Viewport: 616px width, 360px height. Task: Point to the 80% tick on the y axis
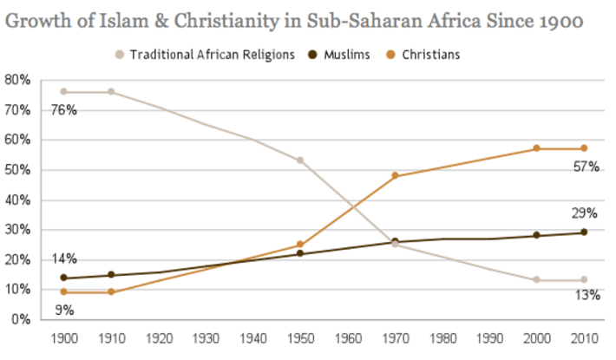pyautogui.click(x=17, y=80)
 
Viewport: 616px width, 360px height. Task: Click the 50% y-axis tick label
pyautogui.click(x=17, y=170)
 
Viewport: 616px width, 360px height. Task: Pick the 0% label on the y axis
pyautogui.click(x=21, y=319)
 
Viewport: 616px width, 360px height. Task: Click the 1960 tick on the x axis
pyautogui.click(x=347, y=337)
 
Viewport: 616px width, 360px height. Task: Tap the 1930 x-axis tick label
pyautogui.click(x=205, y=337)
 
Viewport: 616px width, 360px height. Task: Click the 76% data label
pyautogui.click(x=64, y=110)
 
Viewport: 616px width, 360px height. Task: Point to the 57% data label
pyautogui.click(x=587, y=166)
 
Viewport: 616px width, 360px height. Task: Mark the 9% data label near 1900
pyautogui.click(x=64, y=309)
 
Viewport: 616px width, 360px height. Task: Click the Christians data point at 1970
pyautogui.click(x=395, y=175)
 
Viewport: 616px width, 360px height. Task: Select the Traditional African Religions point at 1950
pyautogui.click(x=299, y=160)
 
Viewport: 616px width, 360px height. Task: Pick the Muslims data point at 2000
pyautogui.click(x=536, y=235)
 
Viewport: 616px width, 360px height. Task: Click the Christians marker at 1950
pyautogui.click(x=299, y=245)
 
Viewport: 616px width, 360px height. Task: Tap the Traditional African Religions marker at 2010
pyautogui.click(x=583, y=280)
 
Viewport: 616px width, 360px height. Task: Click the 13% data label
pyautogui.click(x=587, y=296)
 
